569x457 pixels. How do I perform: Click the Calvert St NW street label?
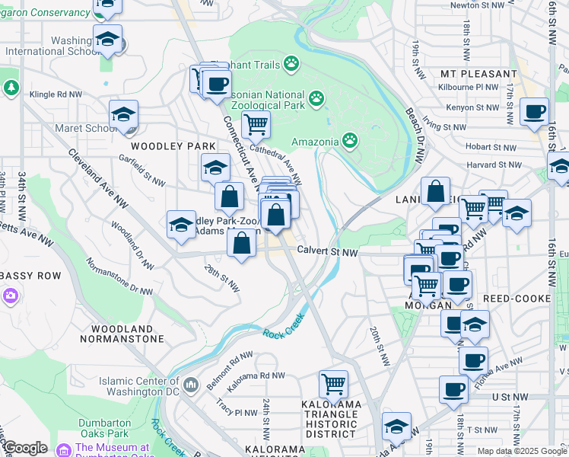tap(327, 251)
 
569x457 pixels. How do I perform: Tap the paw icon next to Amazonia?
tap(349, 139)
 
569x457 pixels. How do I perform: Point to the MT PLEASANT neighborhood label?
tap(479, 74)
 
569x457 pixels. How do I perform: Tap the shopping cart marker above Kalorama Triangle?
tap(333, 383)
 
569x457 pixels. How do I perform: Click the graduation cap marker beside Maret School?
tap(123, 114)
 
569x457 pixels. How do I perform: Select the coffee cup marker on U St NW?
tap(454, 389)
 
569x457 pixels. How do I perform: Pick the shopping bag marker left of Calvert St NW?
tap(242, 244)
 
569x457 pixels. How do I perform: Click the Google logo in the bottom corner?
tap(24, 448)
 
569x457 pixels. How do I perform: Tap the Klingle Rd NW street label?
tap(56, 95)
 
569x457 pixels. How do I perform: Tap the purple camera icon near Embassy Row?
tap(10, 295)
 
